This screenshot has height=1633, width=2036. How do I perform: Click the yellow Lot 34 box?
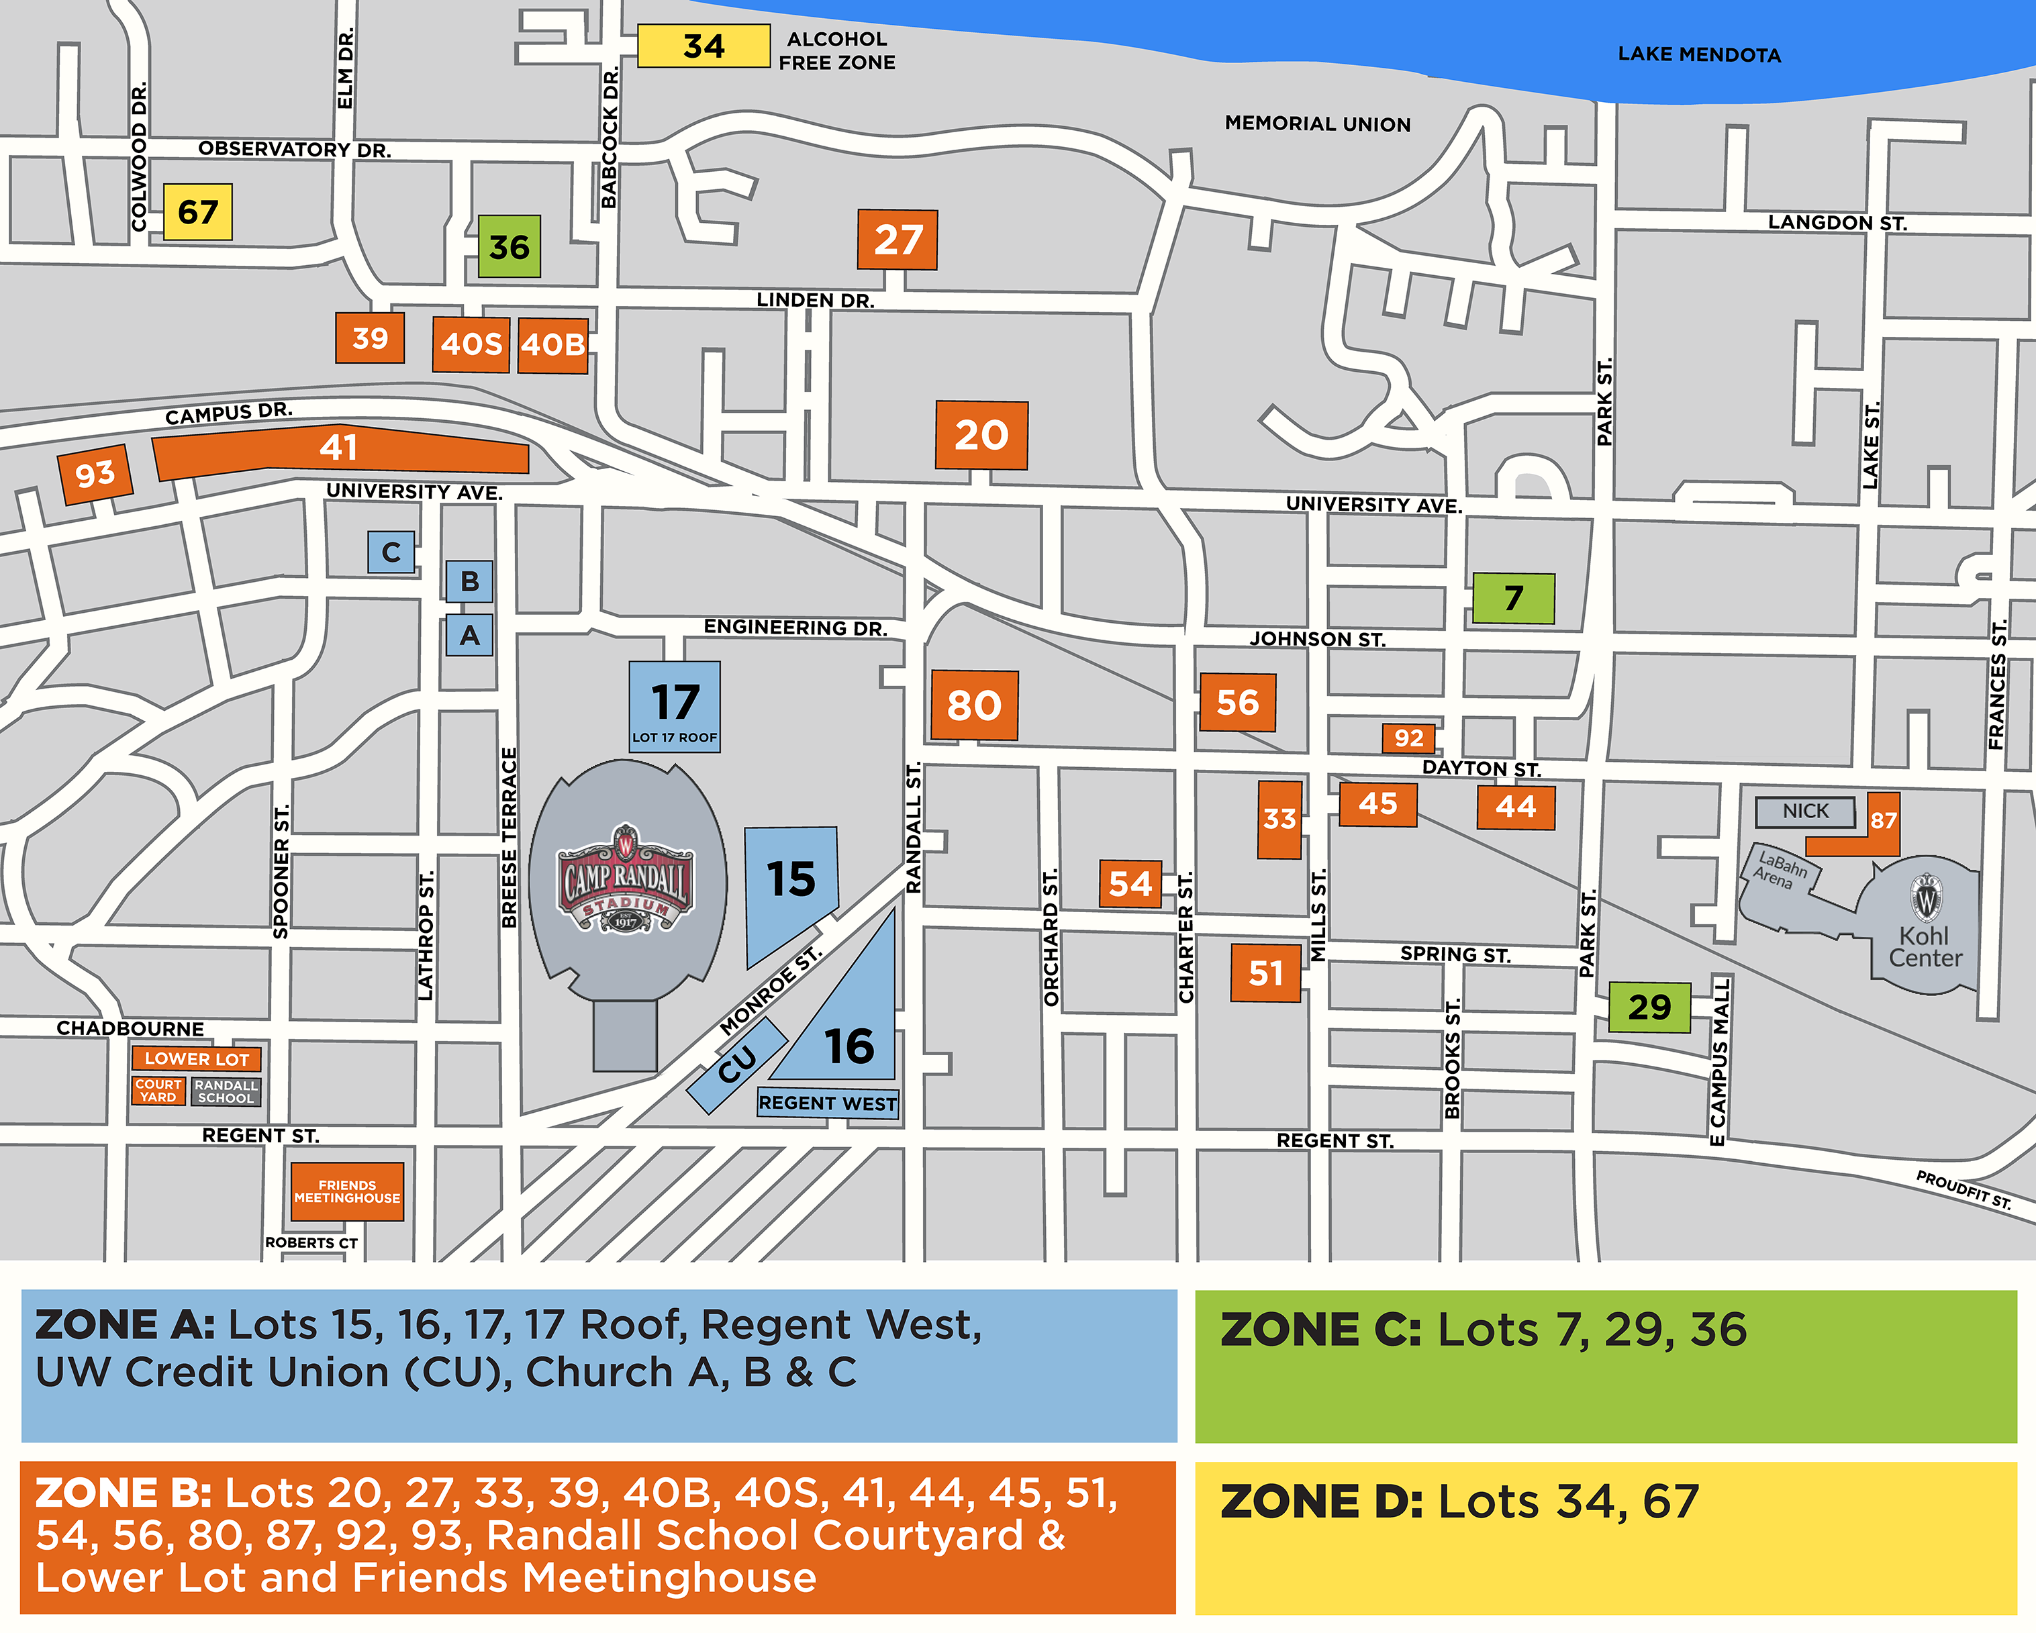(x=704, y=46)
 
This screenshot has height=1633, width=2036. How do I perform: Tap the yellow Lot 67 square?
(x=197, y=211)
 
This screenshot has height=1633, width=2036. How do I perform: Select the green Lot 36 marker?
(x=509, y=246)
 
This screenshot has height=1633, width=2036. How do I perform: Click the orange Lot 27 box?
(x=897, y=240)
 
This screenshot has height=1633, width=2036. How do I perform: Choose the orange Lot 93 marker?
(x=95, y=473)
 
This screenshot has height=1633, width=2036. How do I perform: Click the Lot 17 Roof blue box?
(x=674, y=707)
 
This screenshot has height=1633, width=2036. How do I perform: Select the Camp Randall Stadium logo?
(x=625, y=880)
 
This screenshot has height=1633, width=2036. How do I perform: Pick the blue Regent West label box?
(x=827, y=1103)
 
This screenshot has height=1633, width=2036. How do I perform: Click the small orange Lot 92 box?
(x=1408, y=738)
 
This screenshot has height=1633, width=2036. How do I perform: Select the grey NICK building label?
(x=1804, y=811)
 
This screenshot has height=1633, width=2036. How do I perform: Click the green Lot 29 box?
(x=1649, y=1007)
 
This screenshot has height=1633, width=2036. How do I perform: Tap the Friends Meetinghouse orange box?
(x=346, y=1191)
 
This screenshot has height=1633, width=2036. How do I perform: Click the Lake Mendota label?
(x=1699, y=55)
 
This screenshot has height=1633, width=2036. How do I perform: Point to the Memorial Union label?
(x=1317, y=123)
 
